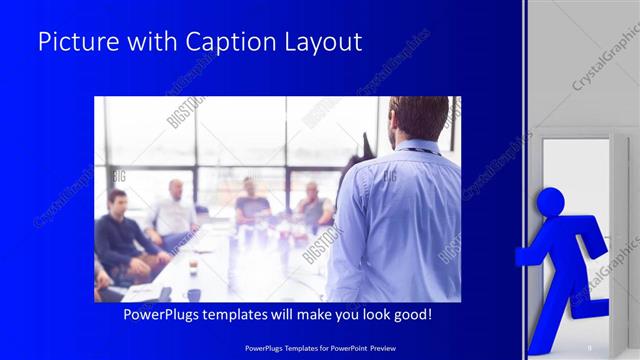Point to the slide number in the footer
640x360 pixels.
pyautogui.click(x=591, y=347)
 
